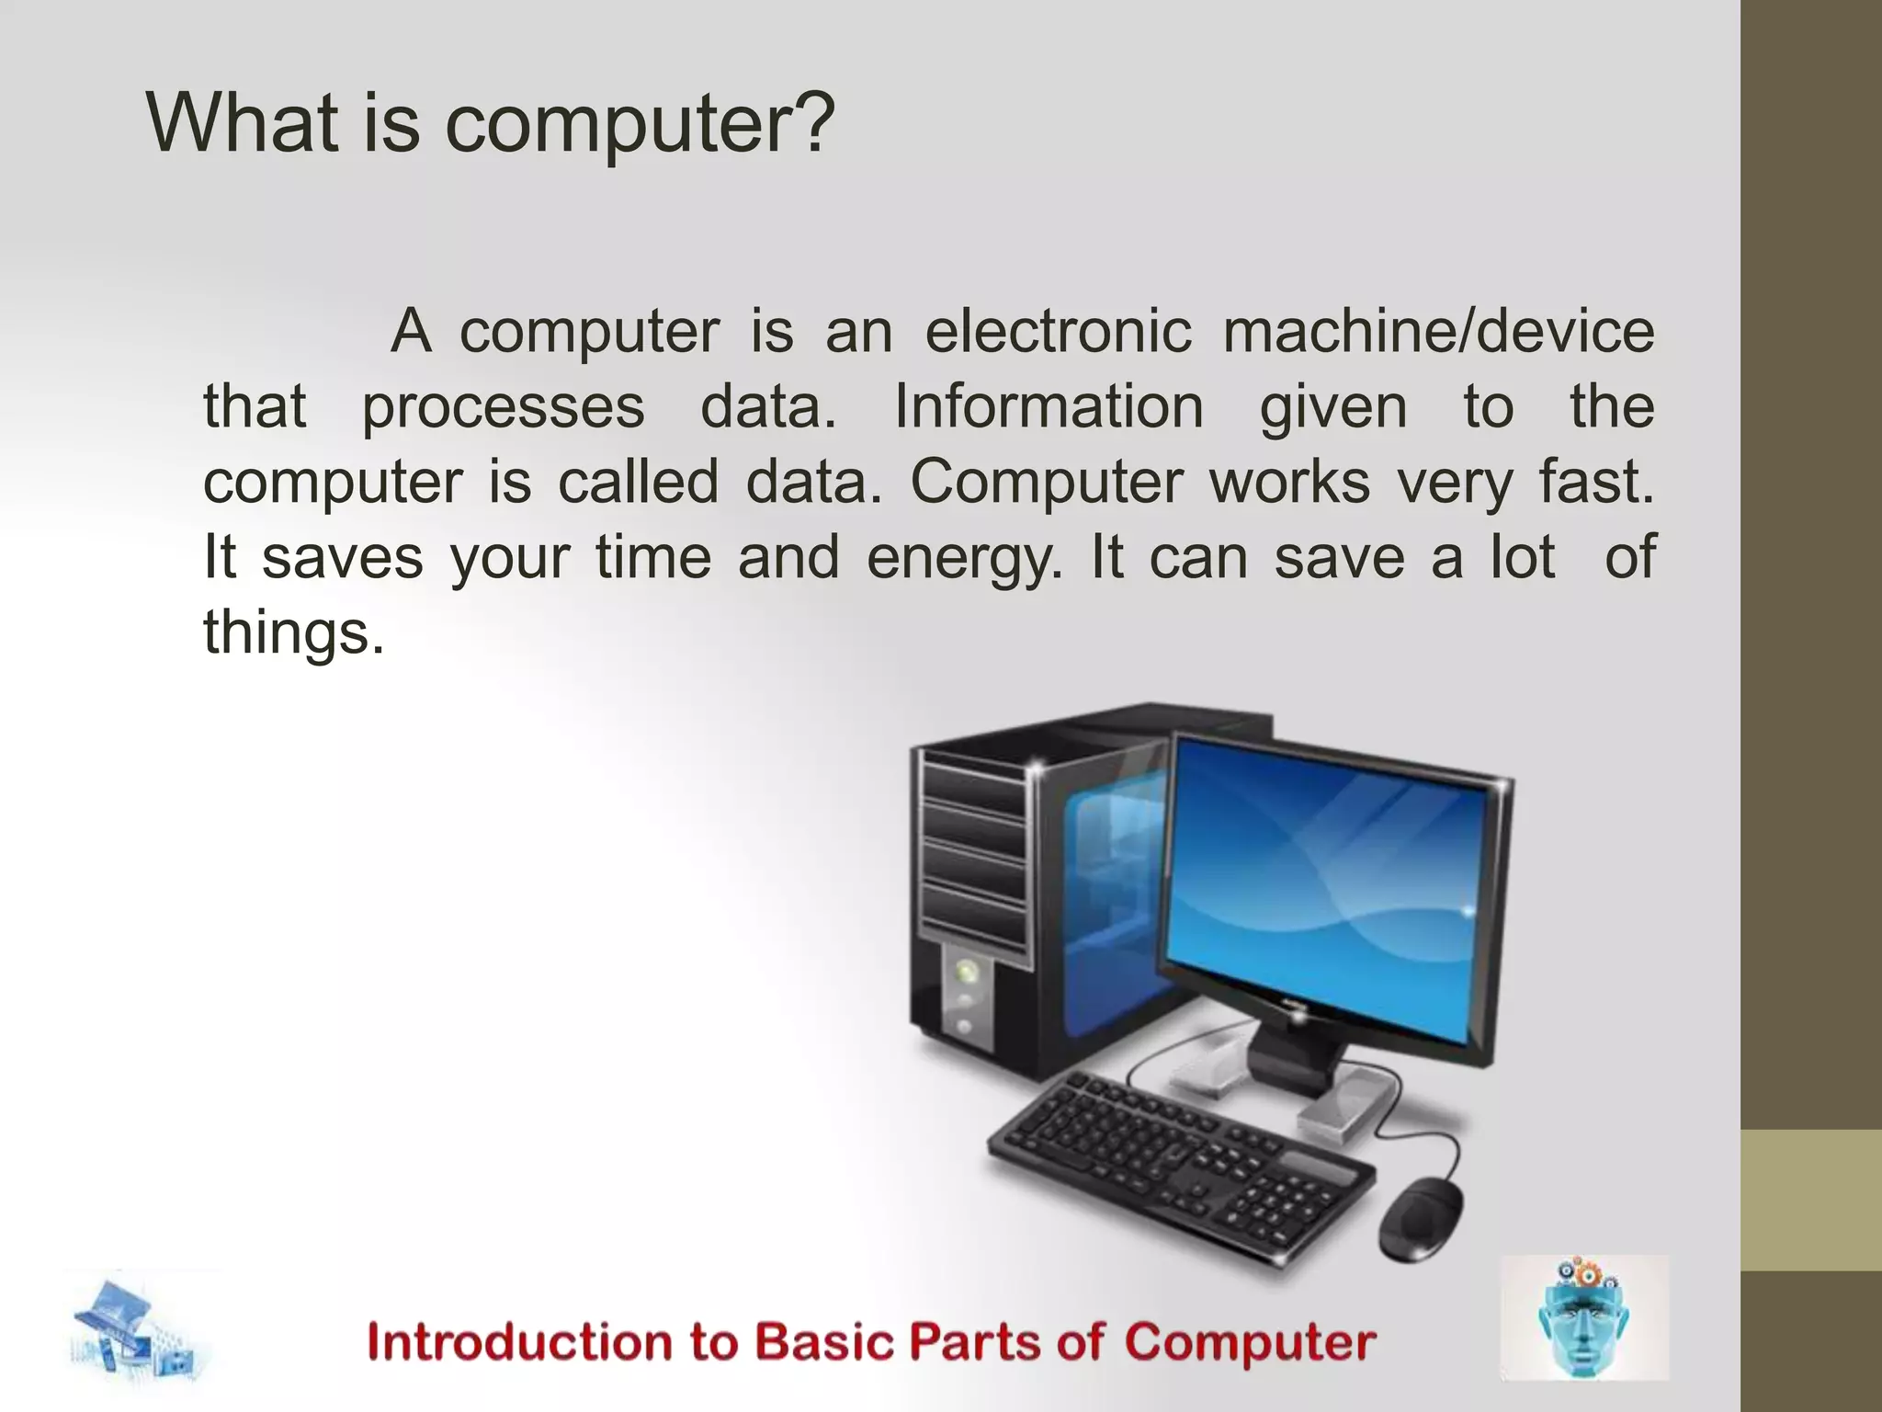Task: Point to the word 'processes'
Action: point(503,408)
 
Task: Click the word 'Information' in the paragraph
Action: point(1049,406)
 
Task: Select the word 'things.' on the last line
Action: point(293,633)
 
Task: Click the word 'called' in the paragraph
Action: point(638,482)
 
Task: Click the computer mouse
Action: point(1420,1219)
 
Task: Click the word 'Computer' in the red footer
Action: point(1249,1343)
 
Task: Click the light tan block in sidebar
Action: point(1811,1200)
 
